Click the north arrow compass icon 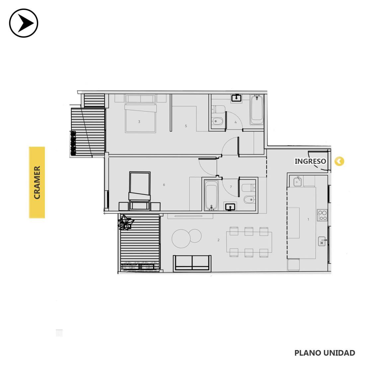point(24,23)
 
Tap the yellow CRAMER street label point(37,183)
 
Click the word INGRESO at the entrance point(310,161)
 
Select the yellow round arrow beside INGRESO point(339,161)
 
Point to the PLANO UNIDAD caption point(325,353)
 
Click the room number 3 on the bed point(139,121)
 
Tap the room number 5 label point(186,126)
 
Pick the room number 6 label point(164,184)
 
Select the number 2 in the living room point(218,240)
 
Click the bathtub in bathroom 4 point(257,110)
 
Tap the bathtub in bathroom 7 point(211,195)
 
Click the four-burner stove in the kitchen point(323,215)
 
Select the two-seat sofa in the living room point(192,263)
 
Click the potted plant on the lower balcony point(125,223)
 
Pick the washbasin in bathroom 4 point(237,98)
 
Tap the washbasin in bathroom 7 point(230,207)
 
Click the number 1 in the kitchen point(309,219)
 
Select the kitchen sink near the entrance point(297,182)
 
